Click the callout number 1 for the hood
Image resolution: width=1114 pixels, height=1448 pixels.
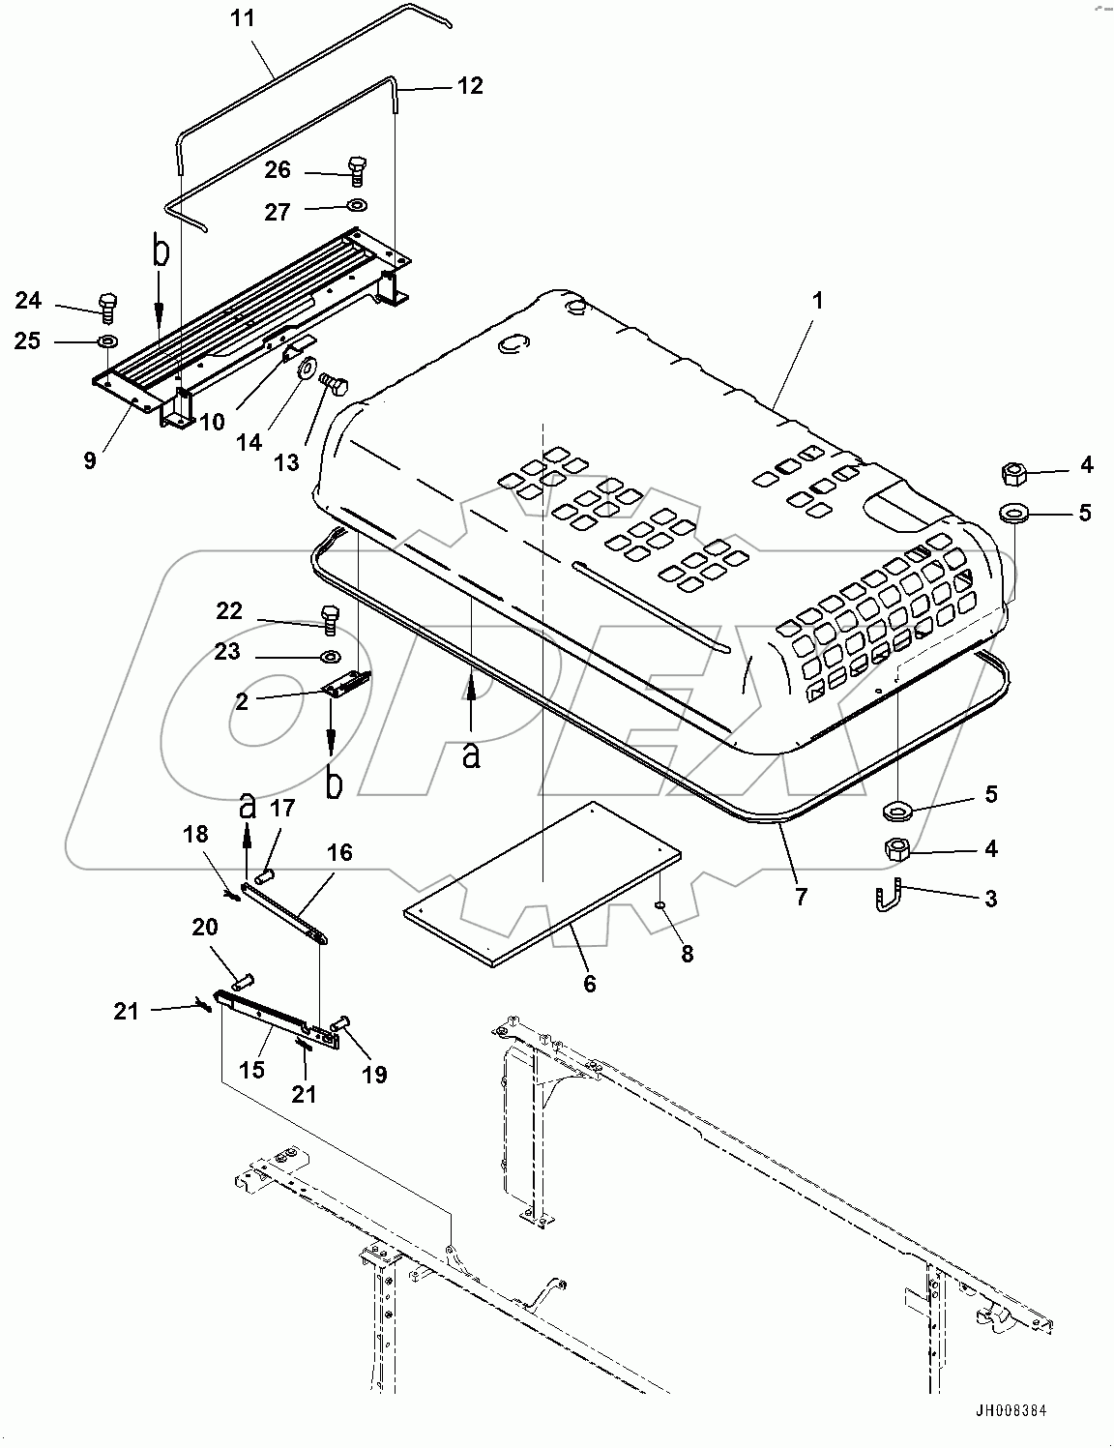[x=817, y=301]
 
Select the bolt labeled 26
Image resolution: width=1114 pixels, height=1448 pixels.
[x=355, y=170]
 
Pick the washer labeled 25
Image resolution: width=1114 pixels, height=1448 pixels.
[x=107, y=341]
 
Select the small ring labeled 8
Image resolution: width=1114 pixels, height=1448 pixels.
[x=659, y=905]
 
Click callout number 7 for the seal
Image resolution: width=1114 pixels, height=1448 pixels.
[x=801, y=896]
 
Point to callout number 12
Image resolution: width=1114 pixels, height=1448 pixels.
[x=469, y=86]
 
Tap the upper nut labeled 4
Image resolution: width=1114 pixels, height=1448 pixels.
[x=1013, y=474]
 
